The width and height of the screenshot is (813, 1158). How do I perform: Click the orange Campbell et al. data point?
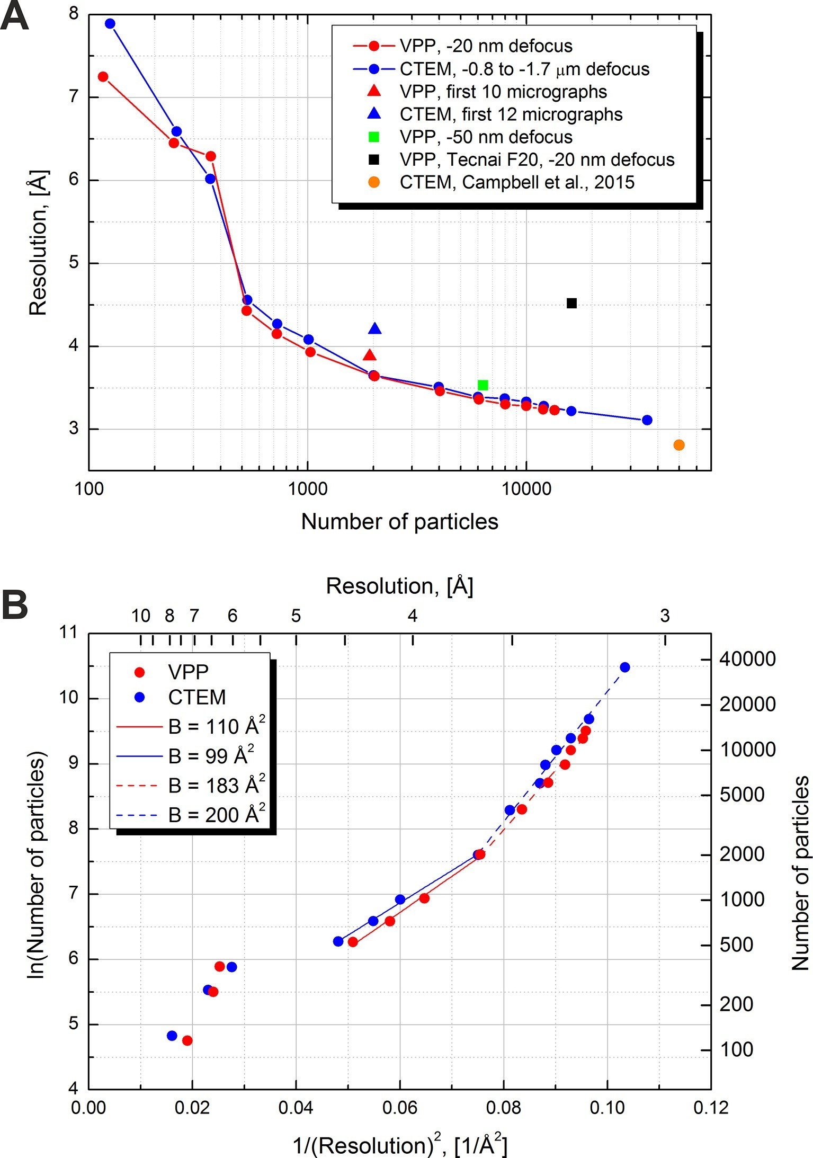pos(679,445)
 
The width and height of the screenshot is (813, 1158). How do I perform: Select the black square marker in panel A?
pos(571,303)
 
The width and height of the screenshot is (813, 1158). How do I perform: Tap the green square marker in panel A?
pos(483,385)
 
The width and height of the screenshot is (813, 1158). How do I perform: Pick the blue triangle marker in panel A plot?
pos(374,329)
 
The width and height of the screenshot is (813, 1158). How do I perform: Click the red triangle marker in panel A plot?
pos(370,355)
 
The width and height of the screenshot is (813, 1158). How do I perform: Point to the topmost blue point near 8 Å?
pos(110,24)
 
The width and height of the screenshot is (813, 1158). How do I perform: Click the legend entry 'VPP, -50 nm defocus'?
pos(486,137)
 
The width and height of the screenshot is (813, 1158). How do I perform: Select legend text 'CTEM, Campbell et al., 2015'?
pos(516,182)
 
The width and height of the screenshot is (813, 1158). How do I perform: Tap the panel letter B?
pos(15,605)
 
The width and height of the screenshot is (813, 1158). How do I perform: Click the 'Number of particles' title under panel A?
pos(399,522)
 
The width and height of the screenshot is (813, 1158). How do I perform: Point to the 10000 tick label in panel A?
pos(525,488)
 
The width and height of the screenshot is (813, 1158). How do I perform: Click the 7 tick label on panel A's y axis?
pos(73,97)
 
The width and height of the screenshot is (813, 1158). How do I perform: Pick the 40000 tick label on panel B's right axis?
pos(747,660)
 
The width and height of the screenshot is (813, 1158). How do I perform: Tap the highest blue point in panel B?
pos(625,667)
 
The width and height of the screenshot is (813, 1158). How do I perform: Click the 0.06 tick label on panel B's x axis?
pos(399,1108)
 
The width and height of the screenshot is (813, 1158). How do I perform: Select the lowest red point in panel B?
pos(187,1040)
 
